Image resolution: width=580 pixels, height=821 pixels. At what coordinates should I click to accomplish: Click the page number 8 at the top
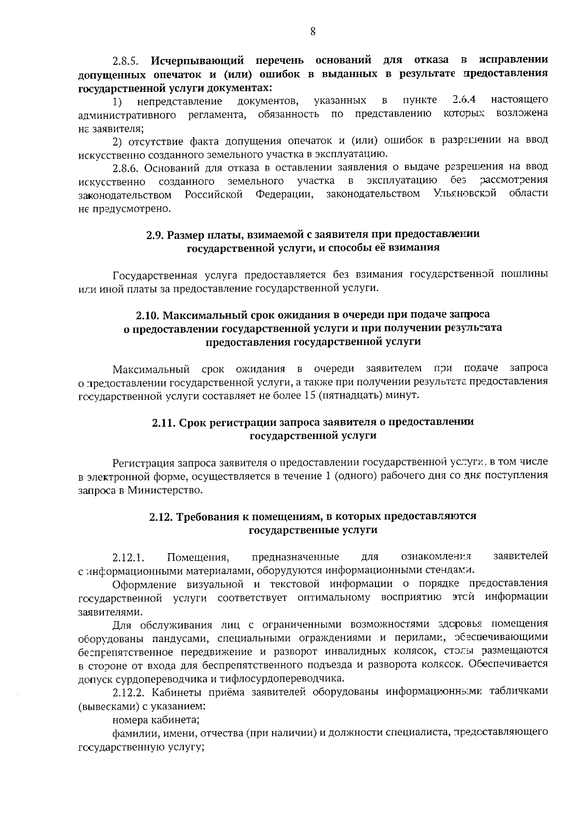click(313, 32)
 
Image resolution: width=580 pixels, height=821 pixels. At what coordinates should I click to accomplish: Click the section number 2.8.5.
click(126, 61)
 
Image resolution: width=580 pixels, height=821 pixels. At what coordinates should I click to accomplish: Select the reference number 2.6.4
click(464, 100)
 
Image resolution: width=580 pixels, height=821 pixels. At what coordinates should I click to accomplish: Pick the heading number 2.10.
click(147, 315)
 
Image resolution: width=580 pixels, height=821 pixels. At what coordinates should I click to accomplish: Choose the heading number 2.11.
click(163, 423)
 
